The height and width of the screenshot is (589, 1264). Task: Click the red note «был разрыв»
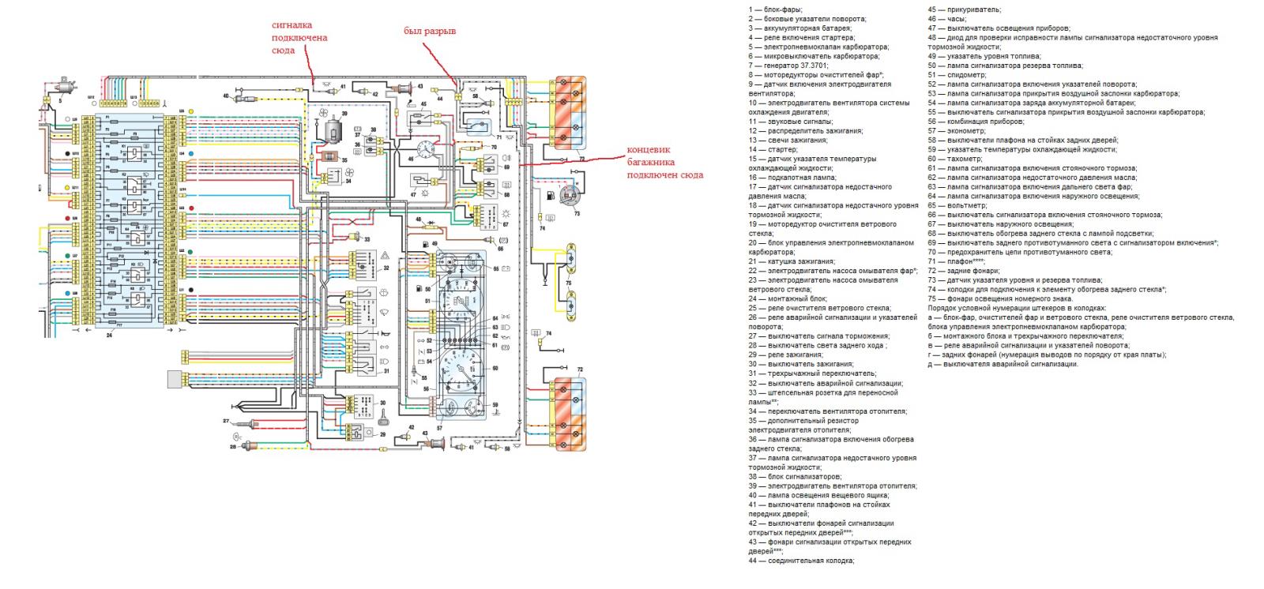pyautogui.click(x=429, y=31)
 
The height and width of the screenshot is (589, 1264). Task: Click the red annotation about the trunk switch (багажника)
pyautogui.click(x=664, y=162)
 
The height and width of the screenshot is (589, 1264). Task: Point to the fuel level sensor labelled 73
pyautogui.click(x=566, y=197)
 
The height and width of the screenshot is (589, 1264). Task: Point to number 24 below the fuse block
pyautogui.click(x=108, y=335)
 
